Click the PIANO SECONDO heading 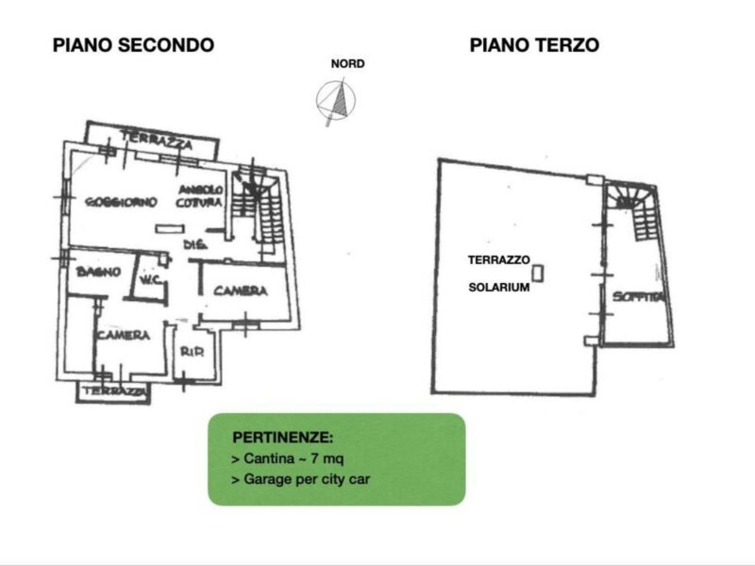point(133,44)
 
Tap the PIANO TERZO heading point(534,44)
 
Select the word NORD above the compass point(347,64)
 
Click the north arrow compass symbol point(332,101)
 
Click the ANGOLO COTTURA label point(201,196)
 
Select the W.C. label point(149,279)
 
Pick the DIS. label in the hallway point(195,245)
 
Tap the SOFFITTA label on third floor point(638,297)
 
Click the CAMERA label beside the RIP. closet point(123,335)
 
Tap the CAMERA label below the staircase point(240,291)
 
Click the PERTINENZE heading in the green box point(281,439)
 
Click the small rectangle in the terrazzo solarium point(538,274)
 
